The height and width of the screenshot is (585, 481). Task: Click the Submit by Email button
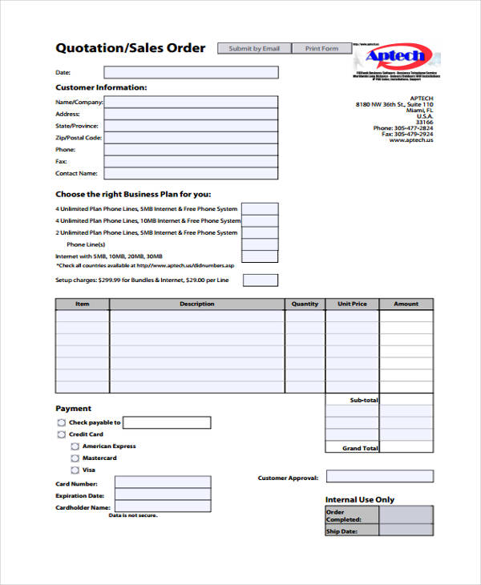[254, 49]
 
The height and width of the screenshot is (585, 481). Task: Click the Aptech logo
[398, 57]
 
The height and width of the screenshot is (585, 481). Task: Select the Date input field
[191, 72]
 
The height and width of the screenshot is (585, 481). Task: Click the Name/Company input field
[191, 102]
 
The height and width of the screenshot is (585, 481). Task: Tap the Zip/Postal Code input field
[191, 138]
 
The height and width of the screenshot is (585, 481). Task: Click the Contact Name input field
[191, 173]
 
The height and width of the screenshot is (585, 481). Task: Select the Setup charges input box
[260, 280]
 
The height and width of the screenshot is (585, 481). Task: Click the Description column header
[197, 304]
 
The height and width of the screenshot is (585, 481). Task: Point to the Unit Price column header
[352, 304]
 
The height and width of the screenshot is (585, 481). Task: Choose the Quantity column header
[305, 304]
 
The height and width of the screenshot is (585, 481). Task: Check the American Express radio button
[75, 446]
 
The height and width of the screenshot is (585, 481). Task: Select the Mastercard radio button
[75, 458]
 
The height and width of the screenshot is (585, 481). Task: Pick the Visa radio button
[75, 470]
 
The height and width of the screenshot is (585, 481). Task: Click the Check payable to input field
[167, 422]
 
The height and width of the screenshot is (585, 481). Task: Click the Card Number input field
[163, 482]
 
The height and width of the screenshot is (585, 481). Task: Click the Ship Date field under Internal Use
[406, 531]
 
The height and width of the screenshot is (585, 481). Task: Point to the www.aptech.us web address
[410, 140]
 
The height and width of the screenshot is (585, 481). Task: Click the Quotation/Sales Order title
[130, 48]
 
